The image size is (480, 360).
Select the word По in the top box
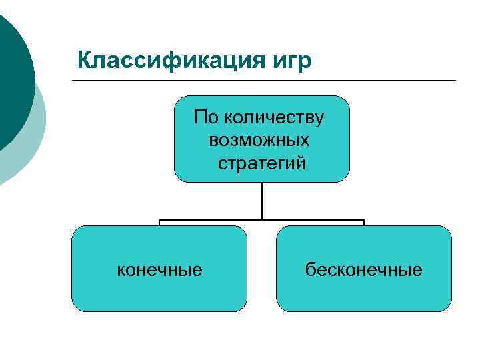pos(207,119)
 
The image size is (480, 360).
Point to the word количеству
pos(274,119)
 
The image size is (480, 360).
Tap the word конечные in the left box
pos(160,269)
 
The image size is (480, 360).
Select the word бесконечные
pos(364,269)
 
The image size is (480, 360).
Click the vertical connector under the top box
pos(262,200)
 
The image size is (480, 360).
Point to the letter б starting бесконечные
pos(310,269)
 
